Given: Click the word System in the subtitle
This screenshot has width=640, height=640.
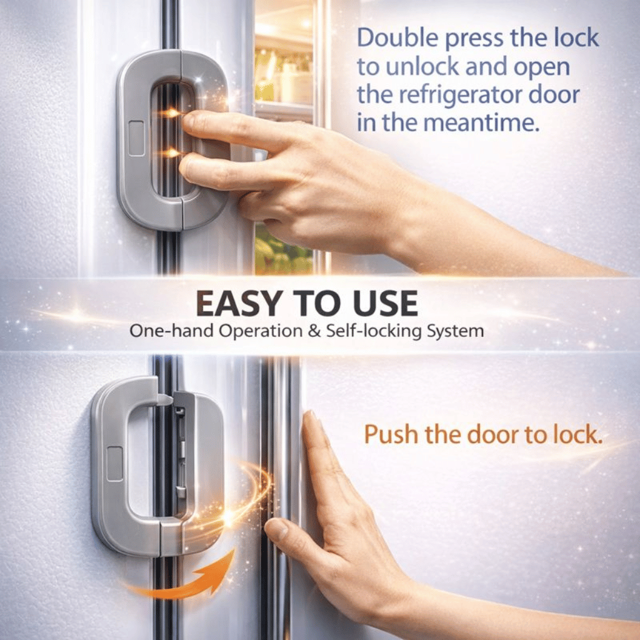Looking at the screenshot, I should point(455,331).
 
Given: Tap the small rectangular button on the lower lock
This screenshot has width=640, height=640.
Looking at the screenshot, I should point(114,464).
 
